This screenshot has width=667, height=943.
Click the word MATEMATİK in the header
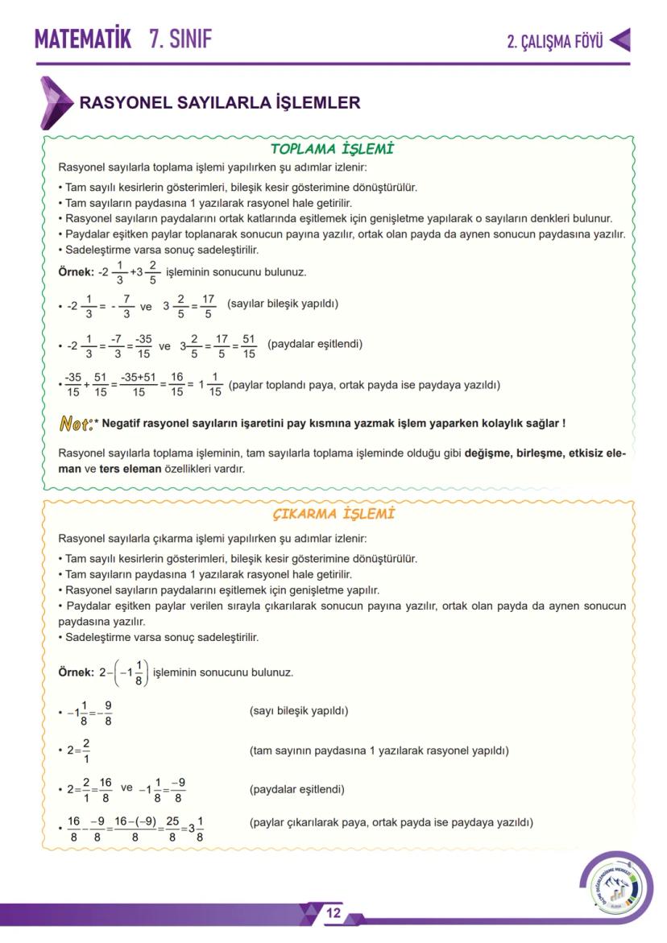tap(82, 39)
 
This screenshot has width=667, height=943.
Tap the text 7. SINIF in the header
tap(180, 39)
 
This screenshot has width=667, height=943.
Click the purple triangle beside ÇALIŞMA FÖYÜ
tap(619, 40)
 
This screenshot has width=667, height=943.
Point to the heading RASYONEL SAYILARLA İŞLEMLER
tap(219, 103)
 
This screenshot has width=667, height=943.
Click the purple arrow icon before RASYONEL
tap(55, 102)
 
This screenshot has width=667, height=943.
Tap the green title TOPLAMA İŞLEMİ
tap(331, 149)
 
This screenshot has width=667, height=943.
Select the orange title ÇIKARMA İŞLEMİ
tap(333, 514)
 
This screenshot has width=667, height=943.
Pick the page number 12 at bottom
tap(333, 913)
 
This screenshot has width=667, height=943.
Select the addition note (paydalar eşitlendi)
tap(315, 344)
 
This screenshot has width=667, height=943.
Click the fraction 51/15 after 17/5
tap(249, 345)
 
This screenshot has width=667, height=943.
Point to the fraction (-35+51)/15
tap(138, 384)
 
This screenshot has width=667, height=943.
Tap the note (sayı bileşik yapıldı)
tap(299, 711)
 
